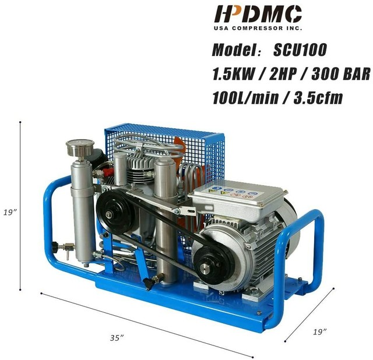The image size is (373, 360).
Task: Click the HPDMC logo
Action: (258, 14)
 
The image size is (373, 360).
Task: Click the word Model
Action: (233, 50)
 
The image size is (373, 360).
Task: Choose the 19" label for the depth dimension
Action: (319, 331)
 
